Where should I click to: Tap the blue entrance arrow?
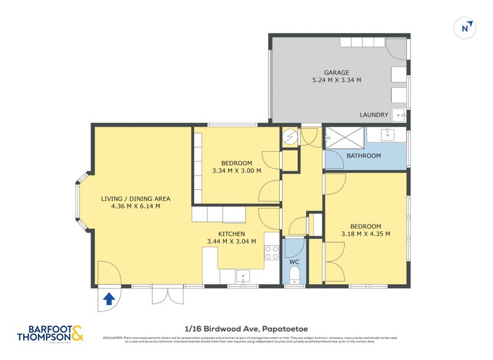108,299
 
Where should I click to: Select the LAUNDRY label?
374,115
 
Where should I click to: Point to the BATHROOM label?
364,156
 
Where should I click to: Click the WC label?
294,262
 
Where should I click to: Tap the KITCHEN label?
232,234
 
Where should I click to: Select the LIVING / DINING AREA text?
136,198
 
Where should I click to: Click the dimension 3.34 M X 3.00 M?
237,171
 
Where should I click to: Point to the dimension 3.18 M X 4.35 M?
366,234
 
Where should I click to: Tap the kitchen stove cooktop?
272,252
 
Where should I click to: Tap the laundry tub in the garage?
400,115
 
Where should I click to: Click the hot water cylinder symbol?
290,137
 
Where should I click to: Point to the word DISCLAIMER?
113,338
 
